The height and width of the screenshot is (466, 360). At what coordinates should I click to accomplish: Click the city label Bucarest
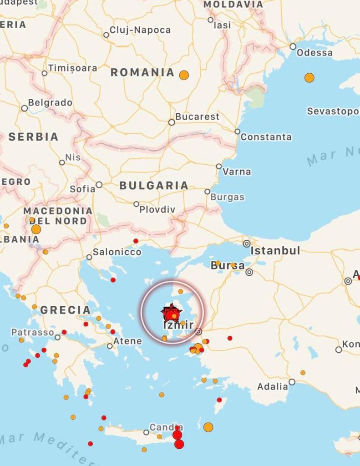point(197,116)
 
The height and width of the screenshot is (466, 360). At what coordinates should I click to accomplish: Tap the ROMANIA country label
point(142,72)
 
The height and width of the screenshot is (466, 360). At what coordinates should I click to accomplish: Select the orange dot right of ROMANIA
point(184,75)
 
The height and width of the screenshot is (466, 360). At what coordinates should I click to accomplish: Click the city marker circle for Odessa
point(293,46)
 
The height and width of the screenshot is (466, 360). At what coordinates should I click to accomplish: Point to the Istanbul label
point(275,250)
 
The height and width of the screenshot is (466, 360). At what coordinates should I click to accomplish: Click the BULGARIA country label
point(154,185)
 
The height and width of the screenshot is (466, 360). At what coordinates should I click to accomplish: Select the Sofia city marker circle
point(99,185)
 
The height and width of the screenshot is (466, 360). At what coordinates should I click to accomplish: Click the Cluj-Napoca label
point(140,30)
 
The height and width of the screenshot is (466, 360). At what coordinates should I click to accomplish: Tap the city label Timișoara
point(72,68)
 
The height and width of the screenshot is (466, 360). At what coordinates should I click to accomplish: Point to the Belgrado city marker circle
point(25,108)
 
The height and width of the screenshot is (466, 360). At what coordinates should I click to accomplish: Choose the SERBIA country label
point(33,137)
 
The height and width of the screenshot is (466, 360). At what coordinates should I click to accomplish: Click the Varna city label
point(237,172)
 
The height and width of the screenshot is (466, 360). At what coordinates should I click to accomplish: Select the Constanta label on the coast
point(266,137)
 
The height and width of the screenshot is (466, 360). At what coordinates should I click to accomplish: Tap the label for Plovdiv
point(157,209)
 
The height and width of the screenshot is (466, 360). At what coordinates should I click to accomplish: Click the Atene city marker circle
point(110,346)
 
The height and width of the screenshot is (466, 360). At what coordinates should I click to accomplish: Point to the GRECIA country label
point(66,310)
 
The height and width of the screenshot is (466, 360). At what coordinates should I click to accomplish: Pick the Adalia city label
point(273,386)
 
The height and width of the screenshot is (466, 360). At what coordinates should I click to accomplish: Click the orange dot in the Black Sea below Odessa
point(309,77)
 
